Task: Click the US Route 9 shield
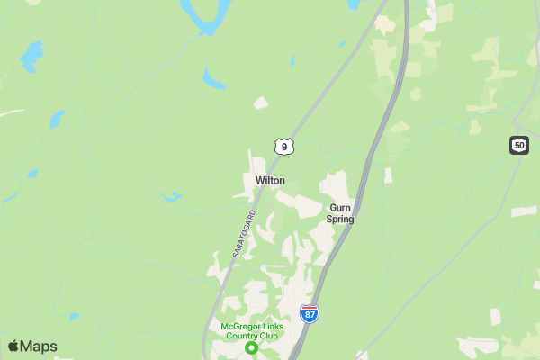pos(283,146)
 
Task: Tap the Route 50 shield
pos(518,145)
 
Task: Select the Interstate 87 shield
pos(309,313)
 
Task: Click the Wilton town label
pos(270,181)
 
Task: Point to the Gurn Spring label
pos(340,212)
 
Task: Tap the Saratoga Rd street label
pos(244,234)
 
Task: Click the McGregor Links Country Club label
pos(251,330)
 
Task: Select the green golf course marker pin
pos(252,347)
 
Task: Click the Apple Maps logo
pos(32,346)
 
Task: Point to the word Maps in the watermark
pos(40,346)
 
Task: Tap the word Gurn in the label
pos(340,207)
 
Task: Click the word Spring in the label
pos(340,219)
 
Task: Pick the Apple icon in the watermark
pos(13,346)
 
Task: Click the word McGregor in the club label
pos(238,326)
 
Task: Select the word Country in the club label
pos(243,336)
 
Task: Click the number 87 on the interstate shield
pos(309,315)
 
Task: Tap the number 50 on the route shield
pos(518,145)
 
